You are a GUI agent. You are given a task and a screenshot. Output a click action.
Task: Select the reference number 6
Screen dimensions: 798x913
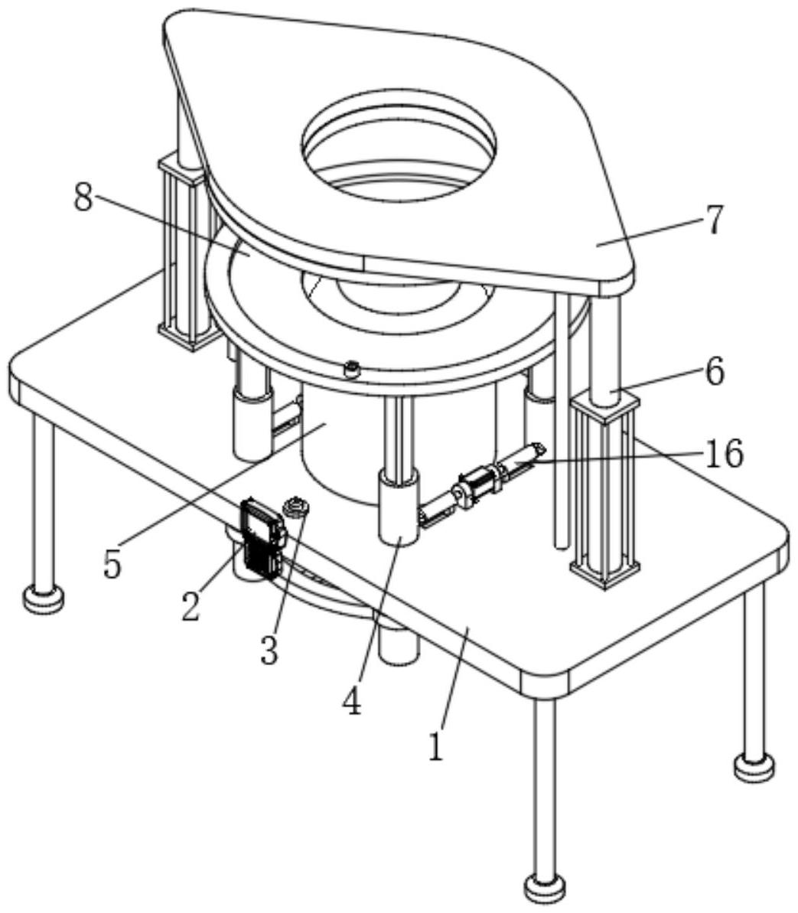tap(712, 373)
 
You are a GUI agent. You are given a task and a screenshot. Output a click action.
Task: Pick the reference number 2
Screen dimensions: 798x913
tap(191, 605)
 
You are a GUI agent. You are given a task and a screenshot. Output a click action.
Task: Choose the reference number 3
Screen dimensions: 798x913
tap(268, 651)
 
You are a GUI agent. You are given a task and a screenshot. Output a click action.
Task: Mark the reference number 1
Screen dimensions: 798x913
tap(435, 746)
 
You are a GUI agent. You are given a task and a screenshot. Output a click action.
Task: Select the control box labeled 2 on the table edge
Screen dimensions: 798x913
tap(260, 540)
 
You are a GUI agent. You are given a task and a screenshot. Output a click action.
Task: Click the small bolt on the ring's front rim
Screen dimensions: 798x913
tap(352, 370)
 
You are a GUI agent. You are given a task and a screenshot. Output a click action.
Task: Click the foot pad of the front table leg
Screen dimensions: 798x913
tap(545, 888)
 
